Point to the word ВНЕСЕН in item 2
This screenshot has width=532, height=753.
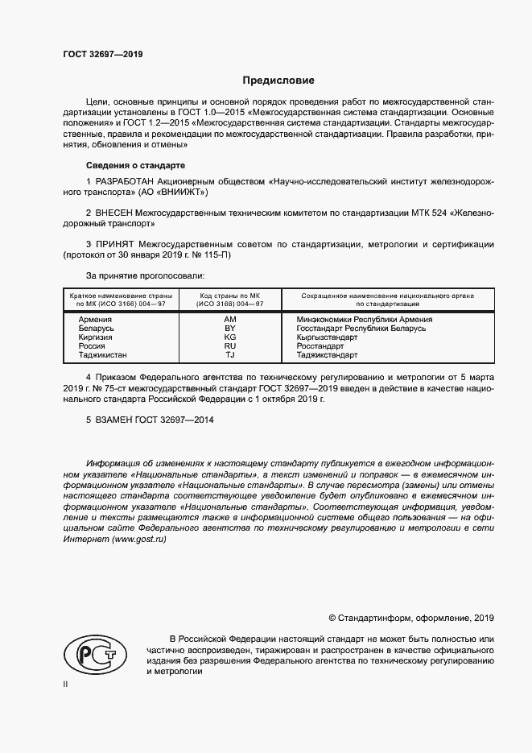(119, 213)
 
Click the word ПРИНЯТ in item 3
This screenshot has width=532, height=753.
(117, 243)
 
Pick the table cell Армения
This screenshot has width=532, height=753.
(95, 320)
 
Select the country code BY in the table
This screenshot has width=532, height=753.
(230, 329)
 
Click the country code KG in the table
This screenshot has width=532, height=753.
(230, 337)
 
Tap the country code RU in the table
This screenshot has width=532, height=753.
(230, 346)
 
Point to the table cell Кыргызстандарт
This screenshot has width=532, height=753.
(328, 337)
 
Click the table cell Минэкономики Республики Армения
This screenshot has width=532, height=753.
(365, 320)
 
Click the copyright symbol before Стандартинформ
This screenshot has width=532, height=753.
(333, 618)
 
